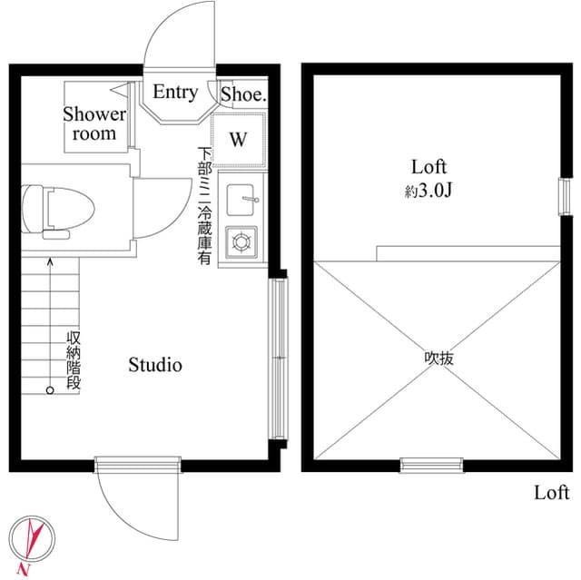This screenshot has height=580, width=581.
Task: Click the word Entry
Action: point(175,92)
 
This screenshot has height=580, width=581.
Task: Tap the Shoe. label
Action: point(242,93)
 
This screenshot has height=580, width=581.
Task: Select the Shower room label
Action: point(94,124)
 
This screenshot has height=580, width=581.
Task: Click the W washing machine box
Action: point(239,140)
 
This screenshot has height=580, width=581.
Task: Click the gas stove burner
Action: point(242,241)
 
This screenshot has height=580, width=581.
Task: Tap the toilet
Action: point(58,210)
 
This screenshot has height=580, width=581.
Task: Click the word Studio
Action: point(154,365)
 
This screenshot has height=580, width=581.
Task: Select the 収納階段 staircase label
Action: point(74,361)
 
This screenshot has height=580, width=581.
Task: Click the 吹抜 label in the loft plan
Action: point(439,358)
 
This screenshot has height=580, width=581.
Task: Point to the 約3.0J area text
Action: point(430,192)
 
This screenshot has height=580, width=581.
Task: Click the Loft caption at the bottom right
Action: point(551,493)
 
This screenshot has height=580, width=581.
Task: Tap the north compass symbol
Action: point(30,540)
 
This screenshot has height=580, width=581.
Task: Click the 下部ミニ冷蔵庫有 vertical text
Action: point(205,206)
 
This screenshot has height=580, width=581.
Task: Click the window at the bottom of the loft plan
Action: point(431,466)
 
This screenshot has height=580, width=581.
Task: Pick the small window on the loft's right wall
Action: point(563,194)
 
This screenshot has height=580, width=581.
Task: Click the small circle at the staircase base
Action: point(50,390)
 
